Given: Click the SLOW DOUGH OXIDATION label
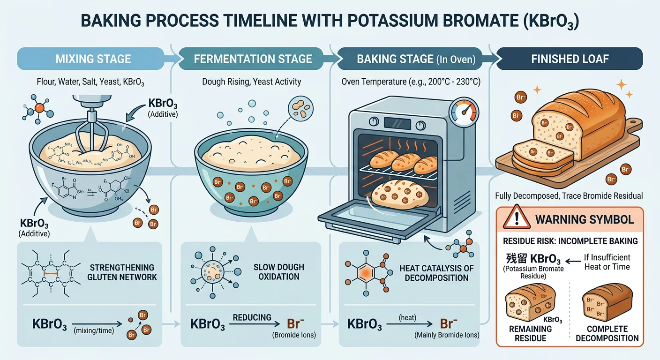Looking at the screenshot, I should tap(279, 272).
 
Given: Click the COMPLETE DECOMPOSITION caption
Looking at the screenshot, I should tap(607, 333).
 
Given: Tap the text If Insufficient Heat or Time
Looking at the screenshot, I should tap(607, 262).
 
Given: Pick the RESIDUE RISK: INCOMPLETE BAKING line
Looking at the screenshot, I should tap(570, 241).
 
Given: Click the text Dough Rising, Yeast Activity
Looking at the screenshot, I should tap(252, 82).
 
